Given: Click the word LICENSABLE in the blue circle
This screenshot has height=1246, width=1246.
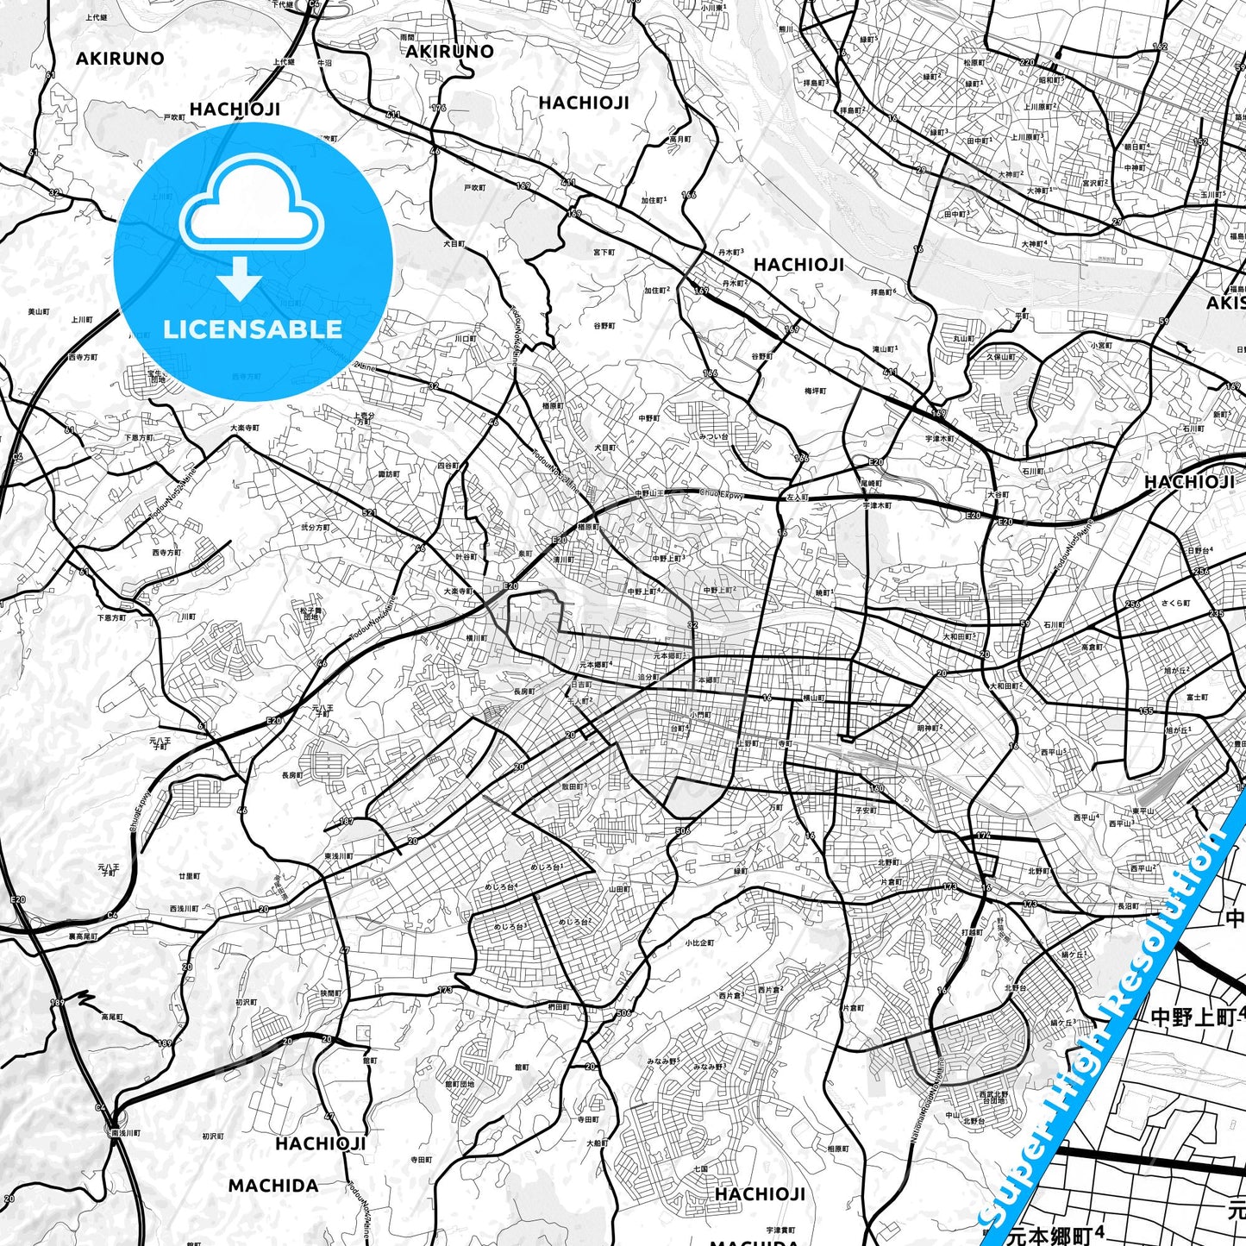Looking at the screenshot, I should click(253, 329).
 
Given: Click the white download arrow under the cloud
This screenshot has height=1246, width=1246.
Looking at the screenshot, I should click(240, 279).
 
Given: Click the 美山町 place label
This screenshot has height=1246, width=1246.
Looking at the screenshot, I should click(39, 311).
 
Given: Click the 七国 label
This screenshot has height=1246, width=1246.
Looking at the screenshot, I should click(700, 1169).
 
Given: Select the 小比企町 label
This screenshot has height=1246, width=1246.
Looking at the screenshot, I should click(700, 942).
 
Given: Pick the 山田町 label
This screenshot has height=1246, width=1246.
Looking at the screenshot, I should click(619, 889).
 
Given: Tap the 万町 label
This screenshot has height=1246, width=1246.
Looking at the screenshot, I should click(776, 808).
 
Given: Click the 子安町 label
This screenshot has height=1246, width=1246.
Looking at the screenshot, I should click(865, 811).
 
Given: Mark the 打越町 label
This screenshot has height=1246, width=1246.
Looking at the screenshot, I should click(973, 932).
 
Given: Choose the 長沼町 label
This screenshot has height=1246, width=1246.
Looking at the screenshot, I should click(1128, 906).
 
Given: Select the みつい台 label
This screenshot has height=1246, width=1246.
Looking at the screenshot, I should click(714, 437).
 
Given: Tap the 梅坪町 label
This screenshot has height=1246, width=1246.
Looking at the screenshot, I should click(815, 391).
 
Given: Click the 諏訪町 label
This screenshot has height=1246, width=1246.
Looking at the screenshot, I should click(390, 474).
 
